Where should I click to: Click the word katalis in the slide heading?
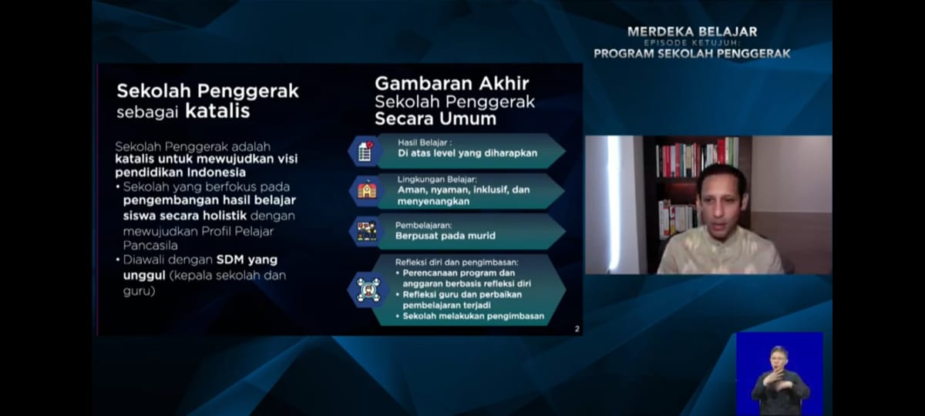[x=217, y=111]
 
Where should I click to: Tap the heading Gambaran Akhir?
[x=452, y=83]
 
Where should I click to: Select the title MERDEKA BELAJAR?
[x=692, y=32]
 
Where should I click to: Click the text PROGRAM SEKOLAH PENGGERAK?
[x=692, y=54]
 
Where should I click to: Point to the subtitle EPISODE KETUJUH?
[x=692, y=42]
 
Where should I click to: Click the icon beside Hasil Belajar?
[x=365, y=151]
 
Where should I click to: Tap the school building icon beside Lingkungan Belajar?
[x=367, y=190]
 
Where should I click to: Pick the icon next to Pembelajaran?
[x=367, y=231]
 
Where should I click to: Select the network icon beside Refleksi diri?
[x=368, y=290]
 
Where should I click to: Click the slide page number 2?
[x=577, y=329]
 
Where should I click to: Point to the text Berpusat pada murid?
[x=446, y=236]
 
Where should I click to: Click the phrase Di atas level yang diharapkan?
[x=468, y=153]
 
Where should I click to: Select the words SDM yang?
[x=247, y=260]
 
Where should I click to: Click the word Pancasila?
[x=150, y=246]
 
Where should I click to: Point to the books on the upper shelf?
[x=697, y=158]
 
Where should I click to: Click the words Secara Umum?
[x=436, y=119]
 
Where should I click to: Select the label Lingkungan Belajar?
[x=437, y=179]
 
